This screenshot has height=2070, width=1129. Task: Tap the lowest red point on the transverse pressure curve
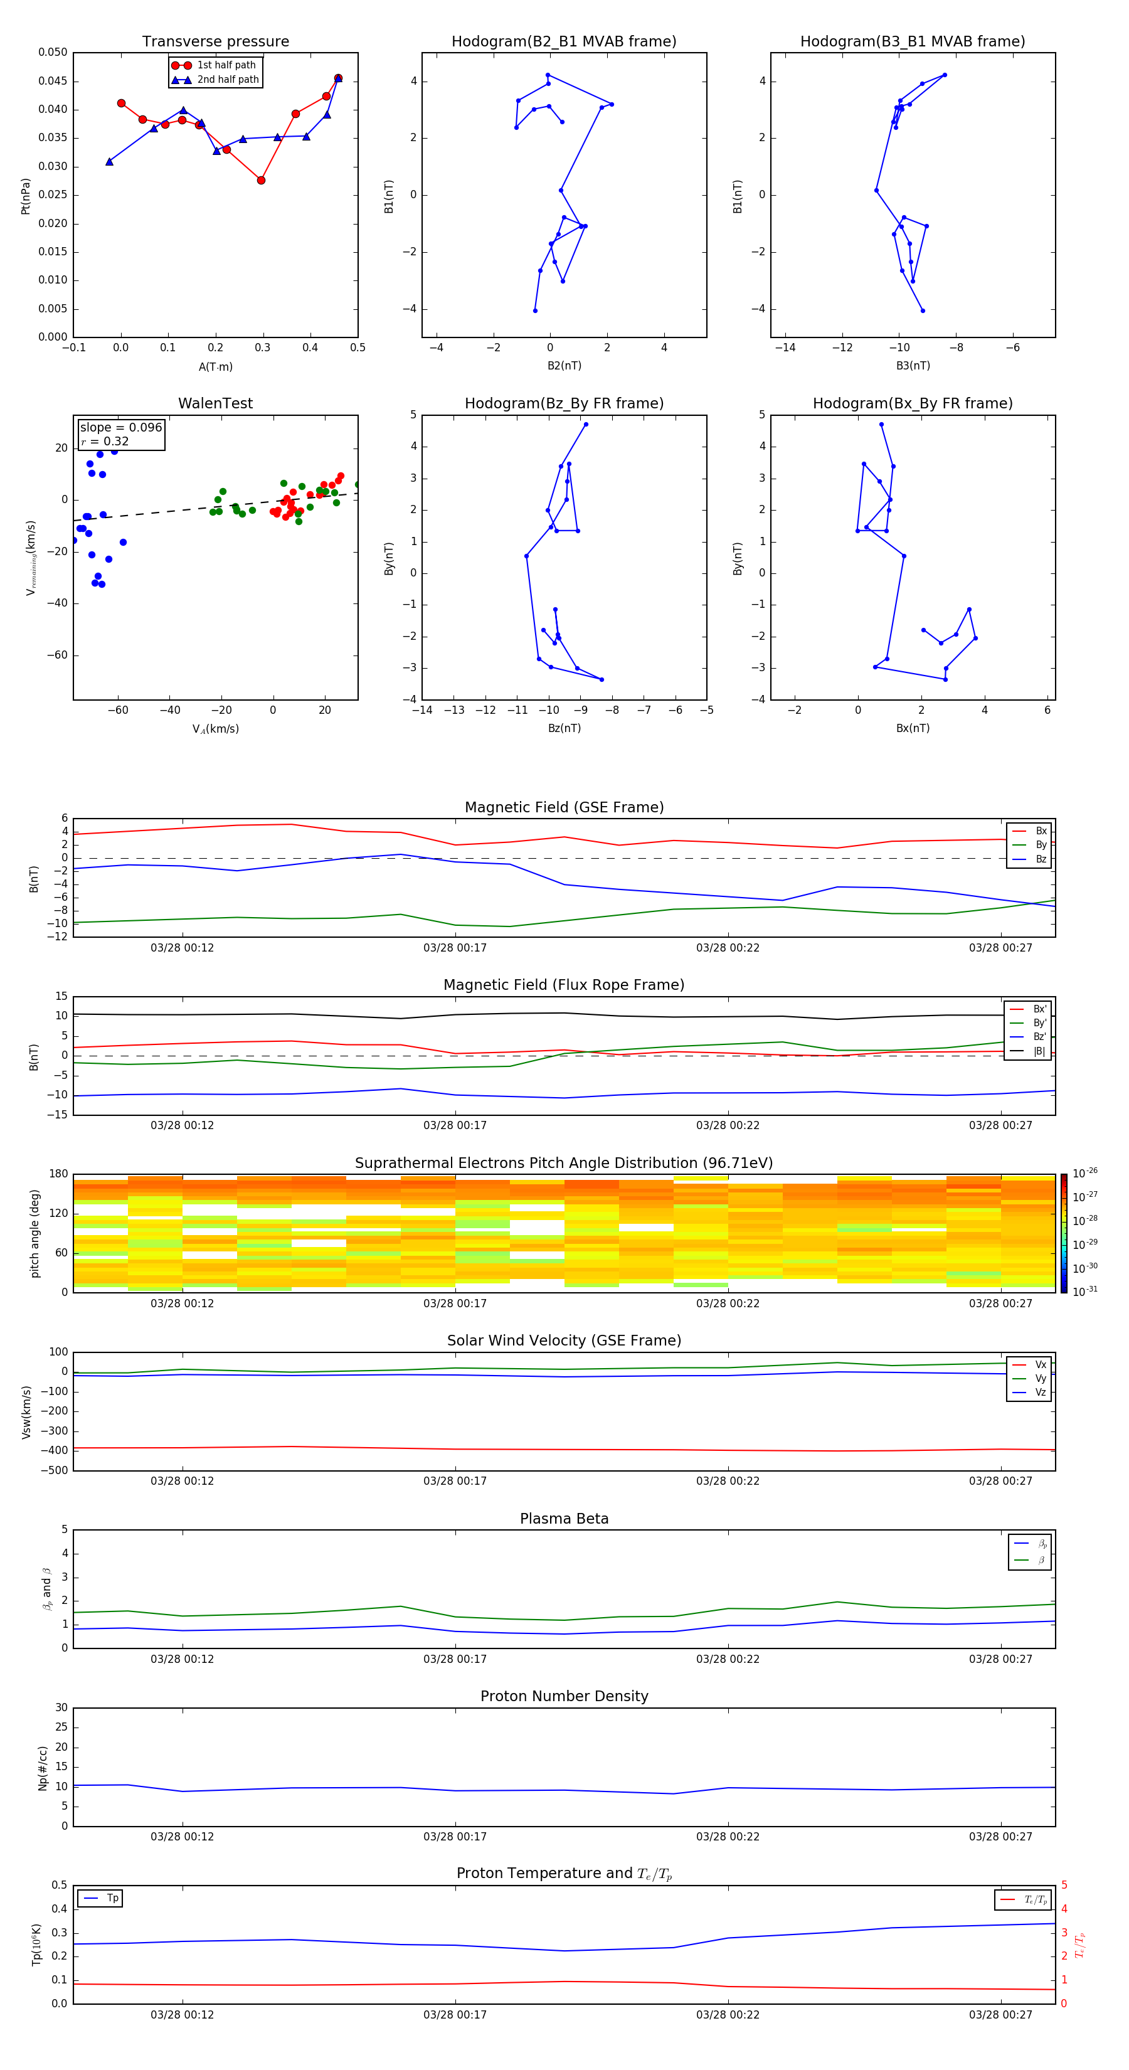(x=261, y=180)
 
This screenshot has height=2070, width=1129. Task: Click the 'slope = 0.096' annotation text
(x=120, y=428)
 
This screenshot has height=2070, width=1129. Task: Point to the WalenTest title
(x=215, y=403)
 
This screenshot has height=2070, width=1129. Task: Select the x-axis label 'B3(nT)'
(x=913, y=366)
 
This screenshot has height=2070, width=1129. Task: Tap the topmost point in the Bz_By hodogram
(x=586, y=424)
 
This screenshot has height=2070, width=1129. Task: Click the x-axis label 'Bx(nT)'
(x=913, y=728)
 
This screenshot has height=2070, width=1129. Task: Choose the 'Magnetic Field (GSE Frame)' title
(x=564, y=807)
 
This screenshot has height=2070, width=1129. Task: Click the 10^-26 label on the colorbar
(x=1084, y=1173)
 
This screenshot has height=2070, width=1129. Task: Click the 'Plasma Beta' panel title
(x=564, y=1519)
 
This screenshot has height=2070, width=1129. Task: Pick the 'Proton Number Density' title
(x=564, y=1696)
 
